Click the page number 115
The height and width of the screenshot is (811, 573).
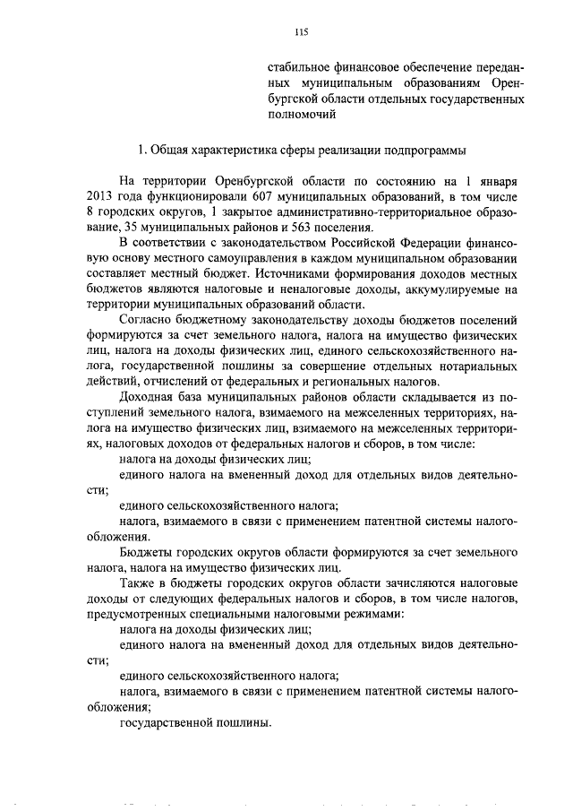301,32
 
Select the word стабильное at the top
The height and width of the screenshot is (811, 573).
298,67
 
